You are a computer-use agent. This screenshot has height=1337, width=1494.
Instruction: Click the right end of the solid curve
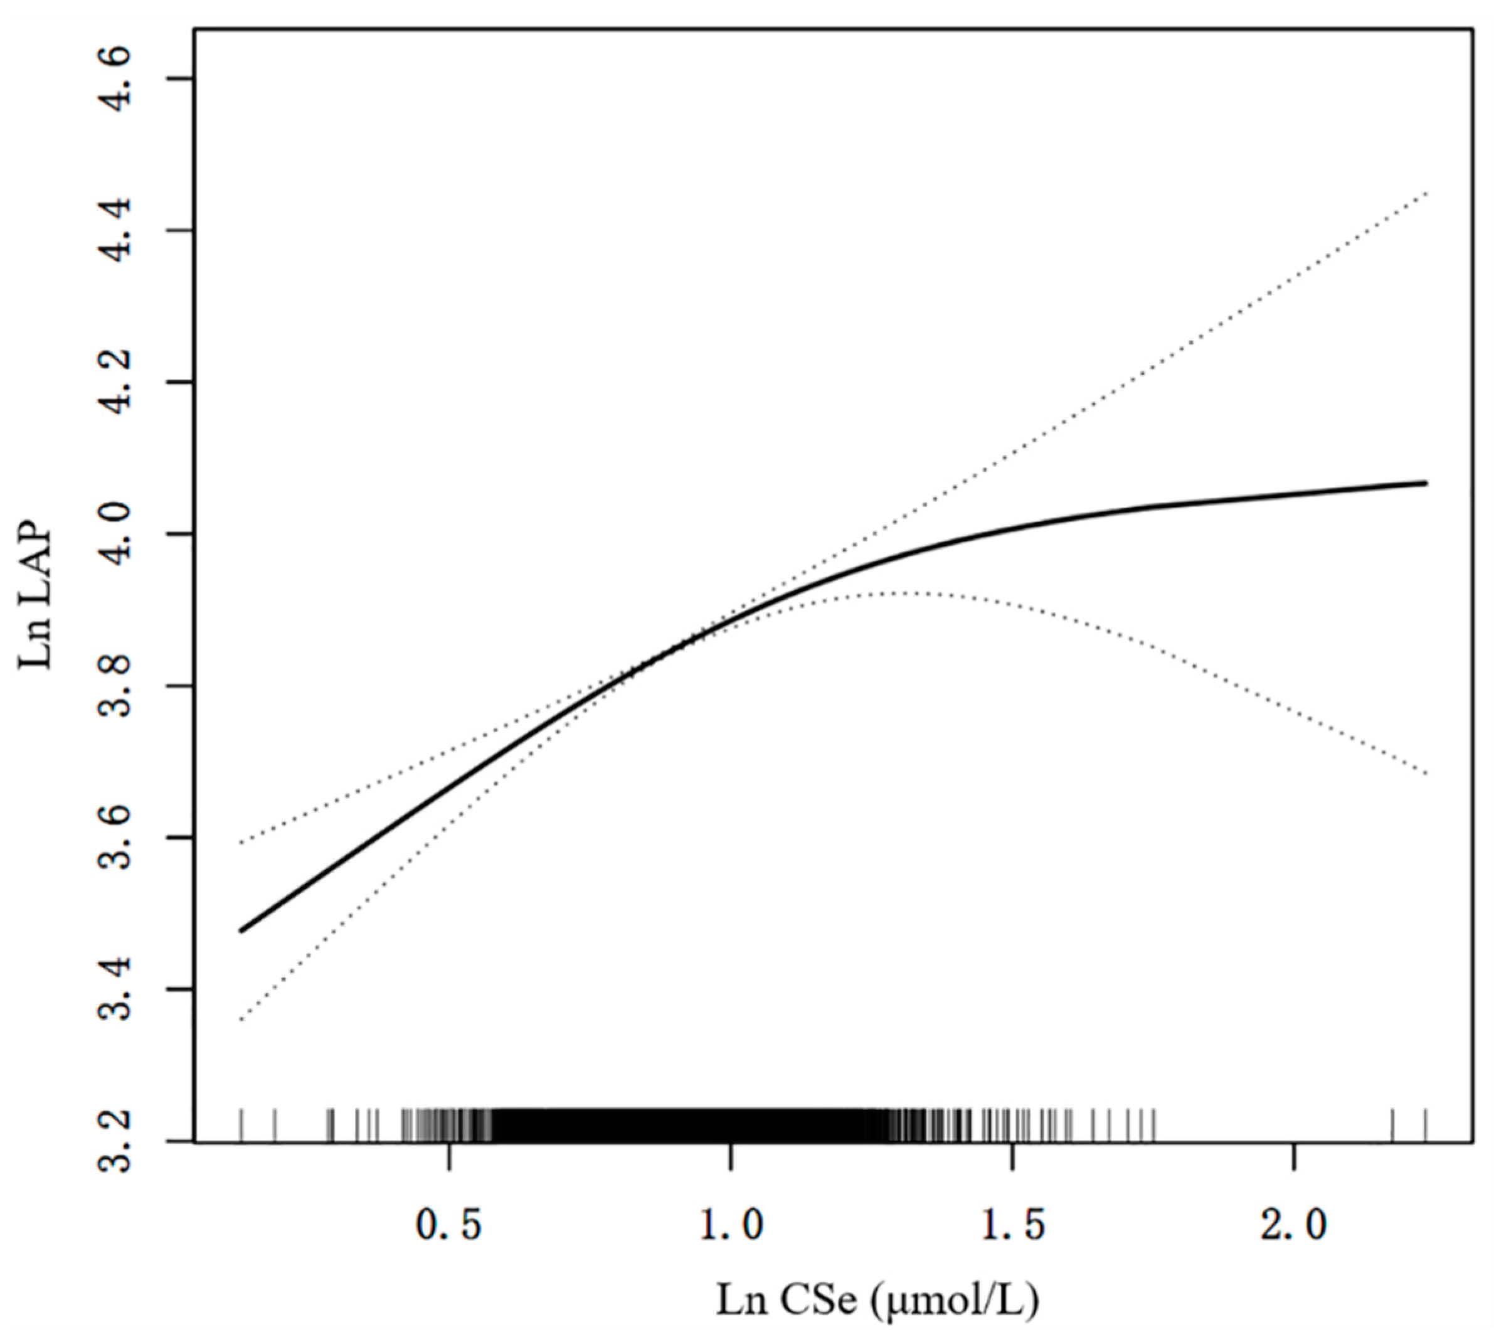pyautogui.click(x=1425, y=483)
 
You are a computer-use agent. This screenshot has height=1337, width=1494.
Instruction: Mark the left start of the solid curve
pyautogui.click(x=241, y=931)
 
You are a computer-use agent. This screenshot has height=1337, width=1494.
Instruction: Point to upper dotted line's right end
pyautogui.click(x=1425, y=193)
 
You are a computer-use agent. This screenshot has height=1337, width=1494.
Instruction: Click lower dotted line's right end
pyautogui.click(x=1425, y=773)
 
